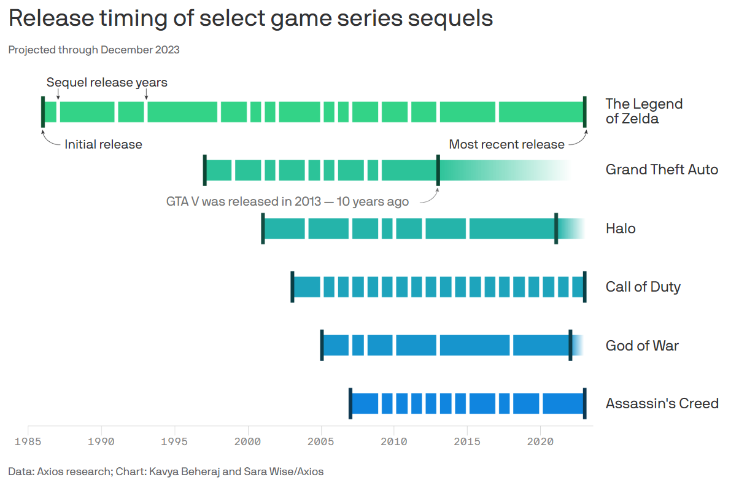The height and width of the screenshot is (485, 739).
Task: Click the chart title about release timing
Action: coord(250,19)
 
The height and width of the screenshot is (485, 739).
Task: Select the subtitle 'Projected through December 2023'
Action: coord(94,50)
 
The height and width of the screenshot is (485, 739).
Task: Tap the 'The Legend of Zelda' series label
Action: coord(644,111)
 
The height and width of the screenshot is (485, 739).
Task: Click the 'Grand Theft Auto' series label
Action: coord(662,169)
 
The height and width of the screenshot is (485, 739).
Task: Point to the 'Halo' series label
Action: coord(621,229)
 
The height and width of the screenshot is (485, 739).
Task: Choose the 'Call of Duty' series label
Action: coord(643,287)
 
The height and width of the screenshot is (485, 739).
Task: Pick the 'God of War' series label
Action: coord(642,346)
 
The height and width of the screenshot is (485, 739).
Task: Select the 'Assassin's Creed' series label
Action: coord(662,404)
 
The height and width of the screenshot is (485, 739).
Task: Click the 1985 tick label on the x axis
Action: coord(28,441)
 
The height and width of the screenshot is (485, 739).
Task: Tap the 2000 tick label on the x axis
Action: coord(248,441)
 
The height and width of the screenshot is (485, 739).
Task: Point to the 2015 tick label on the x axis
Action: coord(468,441)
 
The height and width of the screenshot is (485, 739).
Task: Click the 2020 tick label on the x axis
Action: coord(541,441)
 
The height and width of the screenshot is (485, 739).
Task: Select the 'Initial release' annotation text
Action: coord(103,145)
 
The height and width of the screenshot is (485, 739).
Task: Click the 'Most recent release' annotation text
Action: coord(506,145)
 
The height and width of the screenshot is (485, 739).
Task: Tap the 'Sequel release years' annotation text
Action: coord(107,82)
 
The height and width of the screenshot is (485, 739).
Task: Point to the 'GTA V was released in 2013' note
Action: coord(287,201)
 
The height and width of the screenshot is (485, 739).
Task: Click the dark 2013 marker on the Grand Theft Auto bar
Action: coord(438,170)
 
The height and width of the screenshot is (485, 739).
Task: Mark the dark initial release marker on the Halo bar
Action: coord(263,228)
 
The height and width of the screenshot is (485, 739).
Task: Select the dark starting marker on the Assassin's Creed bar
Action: coord(350,403)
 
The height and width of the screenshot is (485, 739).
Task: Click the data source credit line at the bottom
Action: coord(166,471)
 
